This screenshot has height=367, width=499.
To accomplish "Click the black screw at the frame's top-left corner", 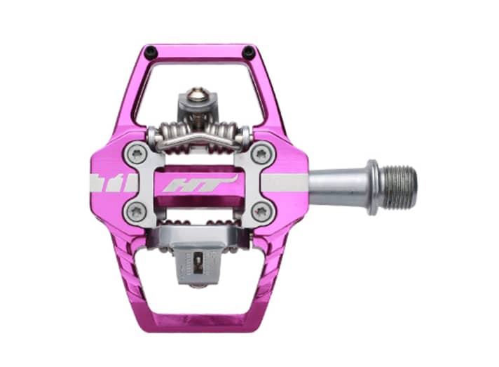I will tap(149, 51).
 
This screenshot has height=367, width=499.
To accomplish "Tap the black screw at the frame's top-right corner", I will tap(248, 51).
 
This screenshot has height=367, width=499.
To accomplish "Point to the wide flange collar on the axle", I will tap(373, 187).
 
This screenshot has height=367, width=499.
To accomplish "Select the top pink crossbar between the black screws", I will tap(198, 53).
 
